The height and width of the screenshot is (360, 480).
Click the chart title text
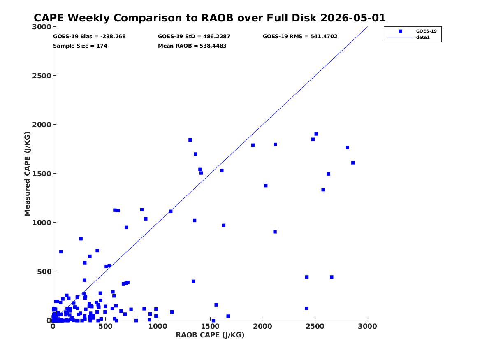coord(209,18)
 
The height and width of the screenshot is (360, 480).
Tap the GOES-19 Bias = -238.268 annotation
coord(89,37)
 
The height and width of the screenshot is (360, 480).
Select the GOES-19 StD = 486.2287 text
coord(194,37)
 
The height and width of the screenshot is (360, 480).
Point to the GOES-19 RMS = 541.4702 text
coord(300,37)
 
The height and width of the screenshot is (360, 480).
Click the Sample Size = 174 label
coord(80,46)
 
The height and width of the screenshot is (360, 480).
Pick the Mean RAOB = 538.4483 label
coord(192,46)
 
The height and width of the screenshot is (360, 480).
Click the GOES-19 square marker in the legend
coord(400,31)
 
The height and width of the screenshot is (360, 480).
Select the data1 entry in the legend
coord(423,37)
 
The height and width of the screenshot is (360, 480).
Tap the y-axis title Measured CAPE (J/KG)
coord(27,174)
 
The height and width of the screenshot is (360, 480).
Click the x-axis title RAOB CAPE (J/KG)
coord(210,335)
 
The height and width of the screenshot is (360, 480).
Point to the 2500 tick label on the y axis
coord(42,76)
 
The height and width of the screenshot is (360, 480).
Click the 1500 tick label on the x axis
coord(210,326)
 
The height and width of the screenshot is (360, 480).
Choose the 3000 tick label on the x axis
coord(368,326)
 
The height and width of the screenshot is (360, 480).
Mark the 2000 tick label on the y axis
coord(42,125)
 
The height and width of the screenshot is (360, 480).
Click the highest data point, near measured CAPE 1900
coord(316,134)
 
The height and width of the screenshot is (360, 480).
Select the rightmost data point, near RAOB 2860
coord(353,163)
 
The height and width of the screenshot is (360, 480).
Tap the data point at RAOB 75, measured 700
coord(61,252)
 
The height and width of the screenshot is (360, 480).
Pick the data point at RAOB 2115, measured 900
coord(275,232)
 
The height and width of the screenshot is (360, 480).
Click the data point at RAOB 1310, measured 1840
coord(190,140)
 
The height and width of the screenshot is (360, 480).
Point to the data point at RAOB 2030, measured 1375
coord(266,186)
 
